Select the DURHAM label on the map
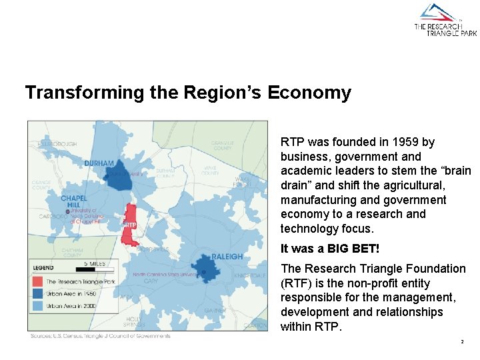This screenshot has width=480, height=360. click(99, 163)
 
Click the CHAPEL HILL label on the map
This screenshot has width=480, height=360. click(73, 202)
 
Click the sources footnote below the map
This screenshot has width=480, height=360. click(100, 336)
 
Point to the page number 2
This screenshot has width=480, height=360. click(461, 342)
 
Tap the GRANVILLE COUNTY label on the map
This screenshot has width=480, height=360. click(221, 145)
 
